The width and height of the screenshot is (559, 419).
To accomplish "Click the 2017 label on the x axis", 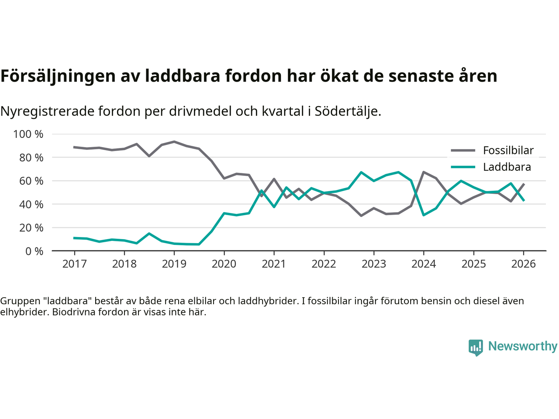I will [74, 264].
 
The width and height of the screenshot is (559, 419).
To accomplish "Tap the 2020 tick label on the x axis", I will [224, 264].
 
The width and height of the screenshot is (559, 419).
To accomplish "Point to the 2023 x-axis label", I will [374, 264].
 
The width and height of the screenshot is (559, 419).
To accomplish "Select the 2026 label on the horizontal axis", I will [523, 264].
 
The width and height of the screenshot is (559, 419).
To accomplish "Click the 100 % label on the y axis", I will [28, 134].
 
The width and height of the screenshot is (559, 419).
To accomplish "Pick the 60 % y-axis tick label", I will [31, 181].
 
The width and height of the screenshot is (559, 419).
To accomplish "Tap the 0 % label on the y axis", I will [34, 251].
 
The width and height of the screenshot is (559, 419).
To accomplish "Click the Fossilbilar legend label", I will [508, 151].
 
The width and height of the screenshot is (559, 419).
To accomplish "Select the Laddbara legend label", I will [507, 167].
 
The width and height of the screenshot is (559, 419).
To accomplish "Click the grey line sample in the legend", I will [463, 151].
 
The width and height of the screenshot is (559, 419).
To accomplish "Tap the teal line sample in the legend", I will [463, 167].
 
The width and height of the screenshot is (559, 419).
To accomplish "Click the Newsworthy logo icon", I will [476, 347].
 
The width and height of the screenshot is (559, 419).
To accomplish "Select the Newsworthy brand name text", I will [523, 346].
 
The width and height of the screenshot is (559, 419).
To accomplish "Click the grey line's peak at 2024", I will [424, 172].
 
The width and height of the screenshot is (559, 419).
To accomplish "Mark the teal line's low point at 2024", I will [424, 215].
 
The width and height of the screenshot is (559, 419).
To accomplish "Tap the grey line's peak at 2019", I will [174, 142].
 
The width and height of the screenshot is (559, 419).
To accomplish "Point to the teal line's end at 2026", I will [524, 200].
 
